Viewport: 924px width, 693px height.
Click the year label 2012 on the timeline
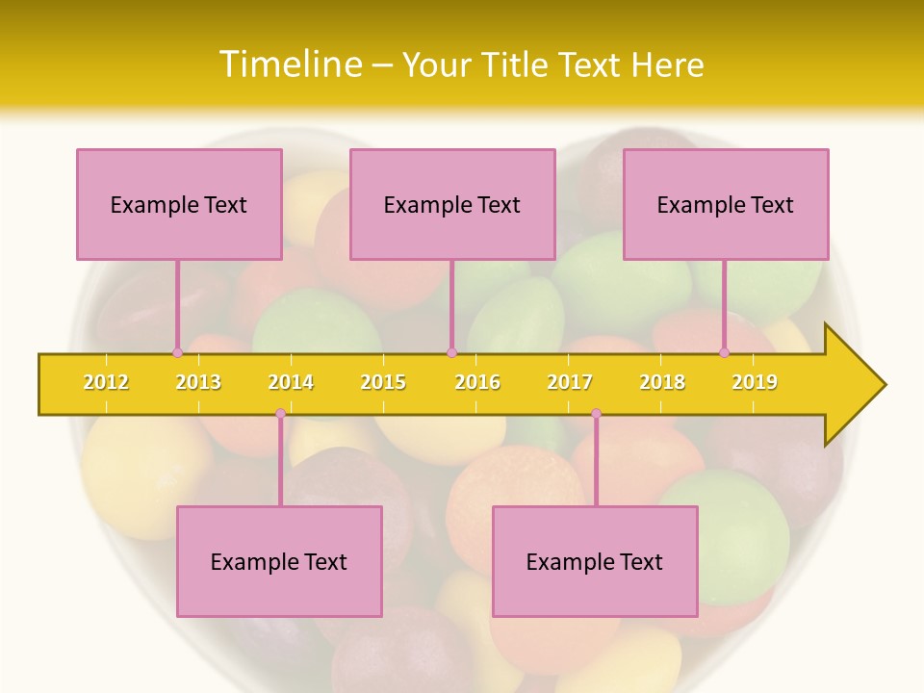pyautogui.click(x=106, y=382)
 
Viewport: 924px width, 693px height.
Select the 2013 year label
pyautogui.click(x=198, y=382)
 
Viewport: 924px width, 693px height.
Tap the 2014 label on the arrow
pyautogui.click(x=291, y=382)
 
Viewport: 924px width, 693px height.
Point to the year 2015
pyautogui.click(x=383, y=382)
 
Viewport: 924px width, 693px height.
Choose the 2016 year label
pyautogui.click(x=477, y=382)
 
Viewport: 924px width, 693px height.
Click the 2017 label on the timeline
pyautogui.click(x=570, y=382)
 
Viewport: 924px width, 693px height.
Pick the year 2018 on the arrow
pyautogui.click(x=662, y=382)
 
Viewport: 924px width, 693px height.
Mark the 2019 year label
pyautogui.click(x=755, y=382)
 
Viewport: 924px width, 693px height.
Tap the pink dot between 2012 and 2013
pyautogui.click(x=177, y=352)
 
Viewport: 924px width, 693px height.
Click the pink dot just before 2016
pyautogui.click(x=451, y=352)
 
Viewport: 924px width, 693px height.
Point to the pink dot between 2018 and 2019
pyautogui.click(x=725, y=352)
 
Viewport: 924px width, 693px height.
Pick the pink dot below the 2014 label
pyautogui.click(x=280, y=414)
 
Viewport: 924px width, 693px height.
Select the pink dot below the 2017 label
pyautogui.click(x=596, y=414)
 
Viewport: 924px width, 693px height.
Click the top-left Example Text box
pyautogui.click(x=179, y=204)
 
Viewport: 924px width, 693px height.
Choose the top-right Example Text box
pyautogui.click(x=726, y=204)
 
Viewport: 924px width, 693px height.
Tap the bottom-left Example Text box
pyautogui.click(x=279, y=561)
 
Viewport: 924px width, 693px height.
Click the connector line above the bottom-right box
pyautogui.click(x=596, y=462)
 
